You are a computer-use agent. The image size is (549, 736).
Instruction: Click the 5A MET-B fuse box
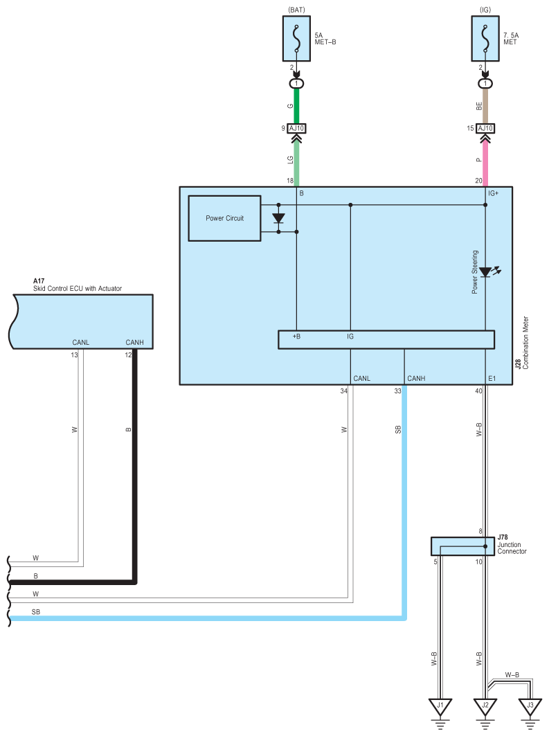[x=296, y=39]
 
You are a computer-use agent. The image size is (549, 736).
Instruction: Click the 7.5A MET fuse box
[x=485, y=39]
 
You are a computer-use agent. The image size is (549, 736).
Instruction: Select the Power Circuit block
[x=225, y=218]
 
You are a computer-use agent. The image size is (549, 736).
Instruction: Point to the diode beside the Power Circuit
[x=279, y=218]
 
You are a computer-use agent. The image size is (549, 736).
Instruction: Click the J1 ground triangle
[x=440, y=707]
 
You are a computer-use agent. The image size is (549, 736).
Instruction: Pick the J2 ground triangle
[x=485, y=707]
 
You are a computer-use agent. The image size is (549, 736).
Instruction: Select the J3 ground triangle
[x=530, y=707]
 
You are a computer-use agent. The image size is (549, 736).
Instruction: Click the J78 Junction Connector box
[x=462, y=546]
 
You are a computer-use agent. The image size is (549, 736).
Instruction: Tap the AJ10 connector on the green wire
[x=296, y=128]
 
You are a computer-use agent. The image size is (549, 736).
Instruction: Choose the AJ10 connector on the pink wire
[x=485, y=128]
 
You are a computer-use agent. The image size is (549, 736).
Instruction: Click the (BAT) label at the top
[x=296, y=10]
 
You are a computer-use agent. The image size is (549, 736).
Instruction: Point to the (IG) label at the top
[x=485, y=10]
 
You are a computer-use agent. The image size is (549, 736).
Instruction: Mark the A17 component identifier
[x=39, y=281]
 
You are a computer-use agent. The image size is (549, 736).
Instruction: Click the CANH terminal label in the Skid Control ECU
[x=135, y=342]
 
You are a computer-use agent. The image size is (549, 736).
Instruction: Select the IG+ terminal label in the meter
[x=493, y=193]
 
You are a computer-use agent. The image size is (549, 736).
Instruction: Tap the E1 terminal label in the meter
[x=492, y=378]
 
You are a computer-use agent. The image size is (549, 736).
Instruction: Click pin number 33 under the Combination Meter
[x=398, y=391]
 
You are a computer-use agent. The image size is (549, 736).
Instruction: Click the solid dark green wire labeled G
[x=296, y=106]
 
